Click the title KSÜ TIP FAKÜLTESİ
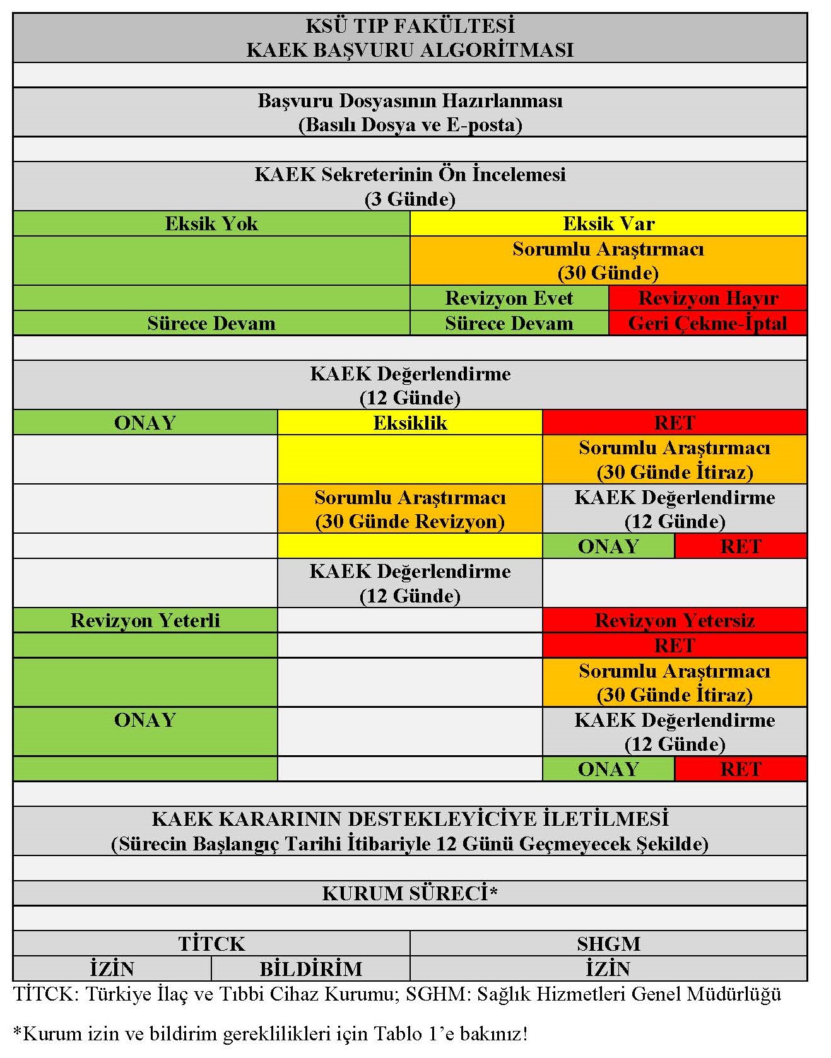(410, 26)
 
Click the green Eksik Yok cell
(211, 223)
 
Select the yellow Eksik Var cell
(608, 223)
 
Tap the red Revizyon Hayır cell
(707, 298)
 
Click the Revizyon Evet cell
(509, 298)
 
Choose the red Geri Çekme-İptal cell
(707, 323)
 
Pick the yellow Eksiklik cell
(410, 423)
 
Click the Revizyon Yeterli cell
(145, 620)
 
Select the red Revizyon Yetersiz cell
(675, 620)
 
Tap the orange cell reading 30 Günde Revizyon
(410, 509)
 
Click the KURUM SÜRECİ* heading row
(410, 893)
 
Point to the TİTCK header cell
(211, 943)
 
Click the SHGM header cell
(608, 943)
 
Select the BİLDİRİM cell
(310, 968)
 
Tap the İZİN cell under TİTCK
(112, 968)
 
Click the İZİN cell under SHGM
(608, 968)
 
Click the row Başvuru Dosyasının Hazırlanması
(410, 112)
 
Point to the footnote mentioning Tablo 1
(270, 1033)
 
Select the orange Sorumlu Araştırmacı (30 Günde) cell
(608, 261)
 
